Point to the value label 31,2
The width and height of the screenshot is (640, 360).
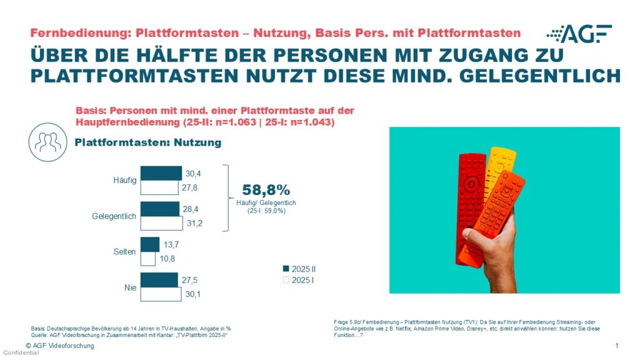(188, 222)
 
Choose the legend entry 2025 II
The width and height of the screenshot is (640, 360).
(303, 269)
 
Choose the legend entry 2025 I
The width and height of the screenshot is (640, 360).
(302, 280)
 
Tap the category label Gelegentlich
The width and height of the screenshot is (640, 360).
(114, 216)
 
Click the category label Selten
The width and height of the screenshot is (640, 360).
(124, 252)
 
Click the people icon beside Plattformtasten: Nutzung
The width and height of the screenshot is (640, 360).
(48, 142)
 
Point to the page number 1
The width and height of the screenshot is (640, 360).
(616, 346)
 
